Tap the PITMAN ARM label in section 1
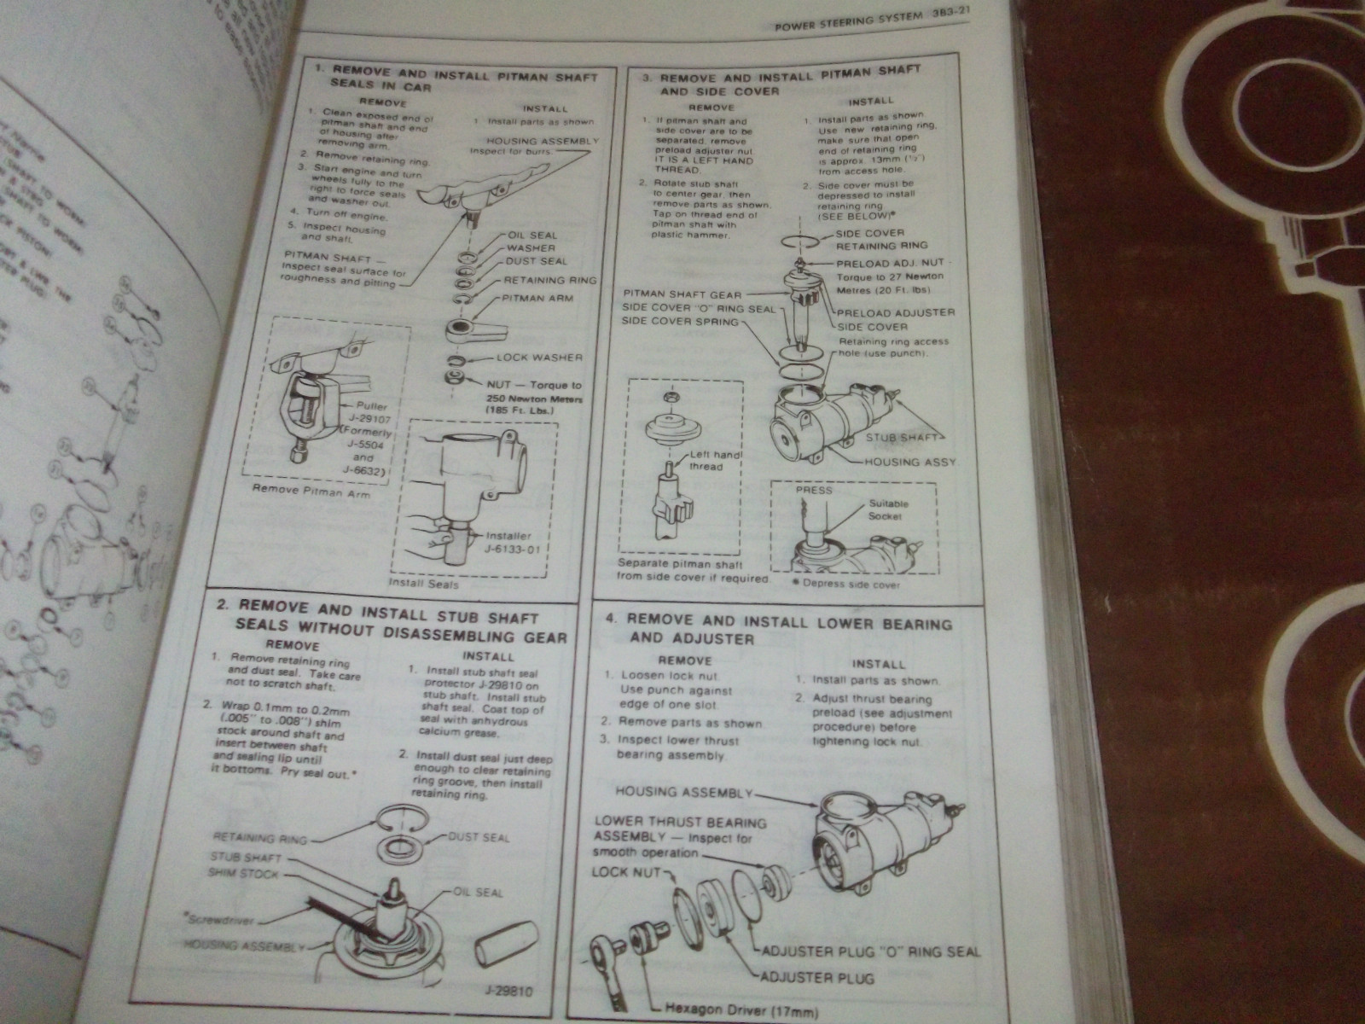pos(537,299)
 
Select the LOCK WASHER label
pos(539,358)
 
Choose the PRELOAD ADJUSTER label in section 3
pos(895,312)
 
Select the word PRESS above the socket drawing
pos(813,491)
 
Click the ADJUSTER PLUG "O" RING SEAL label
pos(870,951)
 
